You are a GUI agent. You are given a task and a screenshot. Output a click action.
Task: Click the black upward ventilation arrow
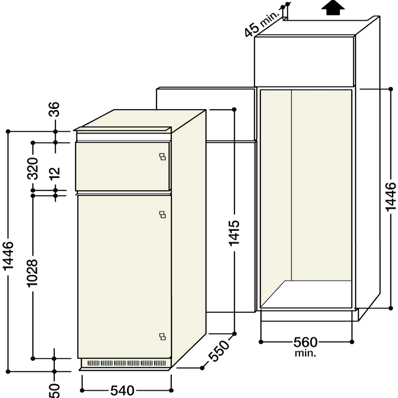[x=333, y=8]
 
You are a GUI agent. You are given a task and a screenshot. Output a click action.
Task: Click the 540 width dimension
[x=122, y=390]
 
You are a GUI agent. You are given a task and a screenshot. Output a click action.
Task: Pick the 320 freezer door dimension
[x=32, y=169]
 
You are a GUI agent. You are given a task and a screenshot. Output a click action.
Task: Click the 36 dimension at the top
[x=55, y=110]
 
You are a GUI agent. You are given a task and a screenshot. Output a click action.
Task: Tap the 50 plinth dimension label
[x=54, y=390]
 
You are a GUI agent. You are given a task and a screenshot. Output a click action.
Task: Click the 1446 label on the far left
[x=8, y=257]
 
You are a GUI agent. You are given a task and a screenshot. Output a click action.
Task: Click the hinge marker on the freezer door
[x=162, y=156]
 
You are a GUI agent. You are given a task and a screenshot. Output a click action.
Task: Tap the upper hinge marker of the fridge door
[x=162, y=214]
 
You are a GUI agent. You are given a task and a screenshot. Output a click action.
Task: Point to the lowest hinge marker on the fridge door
[x=162, y=336]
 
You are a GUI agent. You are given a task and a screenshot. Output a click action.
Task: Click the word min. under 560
[x=305, y=353]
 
